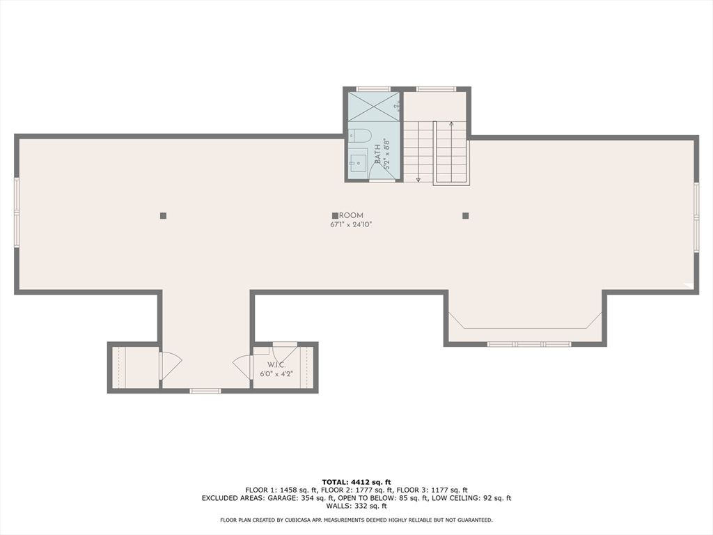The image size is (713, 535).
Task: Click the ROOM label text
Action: (351, 216)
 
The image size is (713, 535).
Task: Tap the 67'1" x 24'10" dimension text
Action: (351, 225)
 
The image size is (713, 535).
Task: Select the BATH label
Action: (377, 153)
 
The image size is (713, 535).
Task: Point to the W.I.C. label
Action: (276, 365)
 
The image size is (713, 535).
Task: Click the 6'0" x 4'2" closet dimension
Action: (276, 374)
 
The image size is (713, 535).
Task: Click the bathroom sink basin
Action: (358, 163)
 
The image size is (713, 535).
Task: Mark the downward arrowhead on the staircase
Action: (418, 180)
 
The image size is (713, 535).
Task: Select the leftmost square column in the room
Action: (163, 216)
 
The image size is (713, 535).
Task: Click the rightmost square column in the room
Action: (465, 216)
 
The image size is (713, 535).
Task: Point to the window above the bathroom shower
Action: (373, 89)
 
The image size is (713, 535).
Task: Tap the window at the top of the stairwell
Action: (436, 89)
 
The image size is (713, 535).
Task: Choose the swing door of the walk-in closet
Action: (242, 365)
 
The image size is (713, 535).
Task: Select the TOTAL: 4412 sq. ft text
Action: (356, 481)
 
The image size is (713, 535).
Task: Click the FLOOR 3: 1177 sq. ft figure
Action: (437, 490)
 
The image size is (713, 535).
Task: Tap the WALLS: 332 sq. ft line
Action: (356, 506)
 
